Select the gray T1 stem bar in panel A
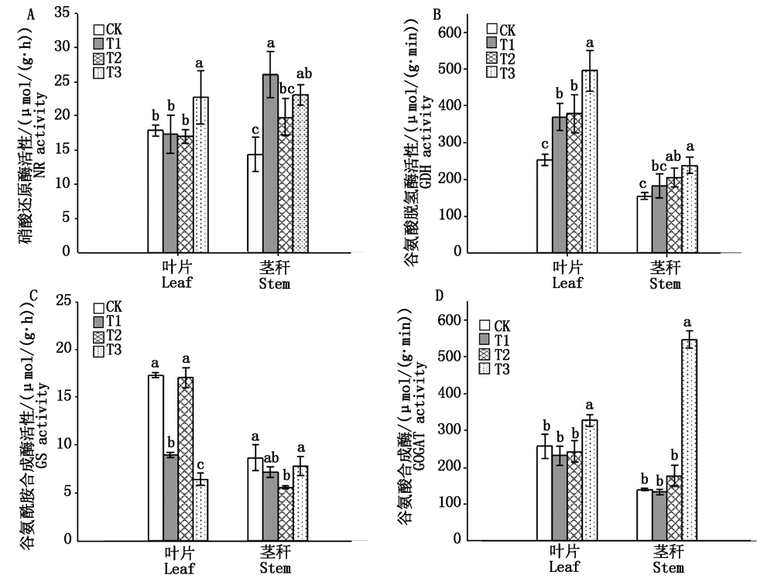[x=271, y=162]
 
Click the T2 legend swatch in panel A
[x=99, y=59]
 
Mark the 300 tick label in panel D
[x=454, y=431]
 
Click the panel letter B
[x=437, y=15]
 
